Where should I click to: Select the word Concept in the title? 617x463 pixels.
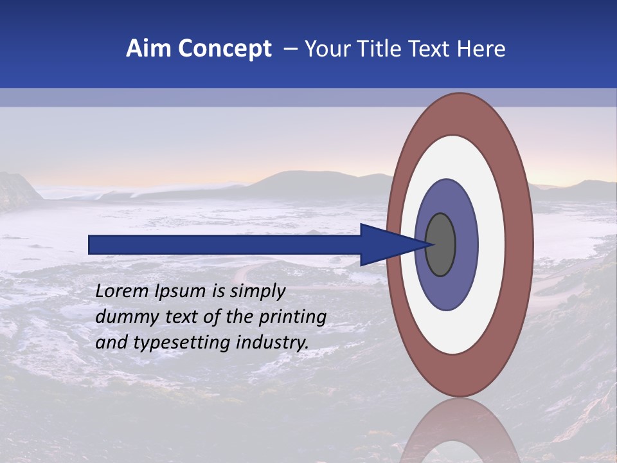coord(225,49)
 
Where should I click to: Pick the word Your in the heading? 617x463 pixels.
coord(325,49)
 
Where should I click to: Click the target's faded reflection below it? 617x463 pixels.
coord(460,434)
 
